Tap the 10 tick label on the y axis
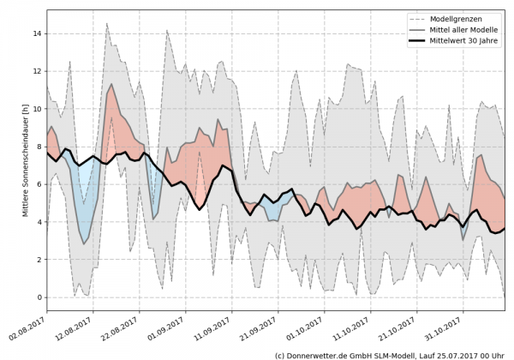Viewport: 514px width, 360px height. point(37,109)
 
